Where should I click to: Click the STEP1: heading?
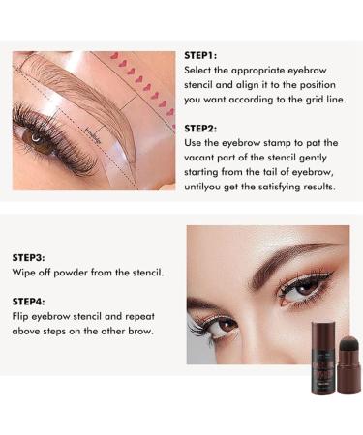tap(200, 56)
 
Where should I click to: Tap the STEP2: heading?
tap(201, 127)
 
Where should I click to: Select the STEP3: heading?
tap(29, 258)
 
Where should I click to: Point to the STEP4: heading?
tap(29, 300)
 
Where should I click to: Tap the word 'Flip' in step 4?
tap(21, 315)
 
